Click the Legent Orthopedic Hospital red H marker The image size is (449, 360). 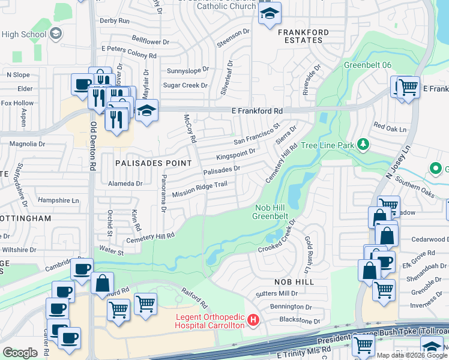point(253,320)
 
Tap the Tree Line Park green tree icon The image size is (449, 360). point(363,145)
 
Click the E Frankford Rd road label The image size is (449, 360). point(257,111)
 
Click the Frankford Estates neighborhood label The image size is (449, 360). point(304,36)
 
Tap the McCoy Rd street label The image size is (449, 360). point(190,128)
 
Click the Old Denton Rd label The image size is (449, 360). point(94,145)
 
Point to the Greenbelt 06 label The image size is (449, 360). point(367,65)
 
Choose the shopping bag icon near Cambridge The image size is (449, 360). point(102,283)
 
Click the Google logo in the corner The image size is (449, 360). point(20,352)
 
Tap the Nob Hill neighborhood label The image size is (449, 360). point(295,281)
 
